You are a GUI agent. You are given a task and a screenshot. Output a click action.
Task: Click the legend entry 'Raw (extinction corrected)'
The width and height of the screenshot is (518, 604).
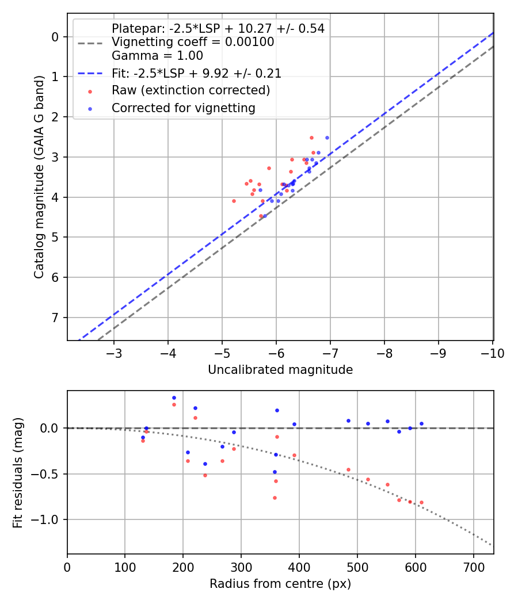coord(191,90)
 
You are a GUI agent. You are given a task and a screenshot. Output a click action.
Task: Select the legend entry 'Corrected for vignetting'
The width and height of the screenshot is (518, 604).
coord(183,108)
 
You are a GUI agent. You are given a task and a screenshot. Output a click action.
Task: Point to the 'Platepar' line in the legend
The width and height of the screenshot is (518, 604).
coord(218,28)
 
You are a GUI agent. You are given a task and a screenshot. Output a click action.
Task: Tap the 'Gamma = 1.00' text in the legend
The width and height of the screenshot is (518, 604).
coord(157,56)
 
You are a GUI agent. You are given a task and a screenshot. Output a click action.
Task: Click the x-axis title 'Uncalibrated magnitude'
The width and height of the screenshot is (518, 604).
coord(280,370)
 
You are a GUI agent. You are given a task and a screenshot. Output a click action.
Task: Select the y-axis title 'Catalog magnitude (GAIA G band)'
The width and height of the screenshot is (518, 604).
coord(39,189)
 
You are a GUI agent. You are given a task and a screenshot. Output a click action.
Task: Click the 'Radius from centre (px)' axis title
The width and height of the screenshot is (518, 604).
coord(280,584)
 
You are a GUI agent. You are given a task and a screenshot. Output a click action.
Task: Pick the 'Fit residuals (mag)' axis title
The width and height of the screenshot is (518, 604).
coord(18,472)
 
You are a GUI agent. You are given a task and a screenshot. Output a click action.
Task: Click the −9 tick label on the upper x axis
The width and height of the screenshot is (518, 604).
coord(438,353)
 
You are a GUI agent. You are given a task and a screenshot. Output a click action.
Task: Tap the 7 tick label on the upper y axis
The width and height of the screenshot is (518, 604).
coord(55,318)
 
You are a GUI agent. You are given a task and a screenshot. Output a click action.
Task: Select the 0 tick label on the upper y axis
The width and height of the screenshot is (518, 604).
coord(55,37)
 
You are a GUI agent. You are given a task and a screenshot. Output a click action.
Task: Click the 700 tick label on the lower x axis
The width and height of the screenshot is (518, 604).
coord(473,567)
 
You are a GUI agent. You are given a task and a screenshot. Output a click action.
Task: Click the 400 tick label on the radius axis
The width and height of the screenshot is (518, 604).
coord(299,567)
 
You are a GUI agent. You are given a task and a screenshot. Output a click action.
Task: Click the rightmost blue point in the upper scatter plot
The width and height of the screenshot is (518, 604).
coord(327,137)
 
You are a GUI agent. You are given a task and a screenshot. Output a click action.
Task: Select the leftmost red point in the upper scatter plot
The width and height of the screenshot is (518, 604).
coord(234,201)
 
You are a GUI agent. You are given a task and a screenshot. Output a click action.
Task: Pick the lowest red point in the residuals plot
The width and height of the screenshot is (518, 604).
coord(275,498)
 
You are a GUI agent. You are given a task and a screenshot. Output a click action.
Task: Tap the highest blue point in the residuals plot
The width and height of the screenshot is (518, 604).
coord(174,397)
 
